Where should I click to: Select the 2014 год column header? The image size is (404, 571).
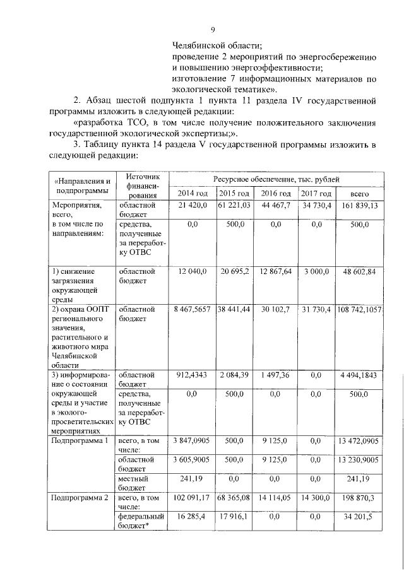tap(193, 193)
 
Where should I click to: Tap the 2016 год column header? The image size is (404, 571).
tap(276, 193)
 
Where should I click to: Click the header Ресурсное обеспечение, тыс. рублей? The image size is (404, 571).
tap(276, 179)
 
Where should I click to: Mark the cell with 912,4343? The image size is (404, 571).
tap(193, 374)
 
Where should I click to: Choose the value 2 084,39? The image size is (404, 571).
tap(235, 374)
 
